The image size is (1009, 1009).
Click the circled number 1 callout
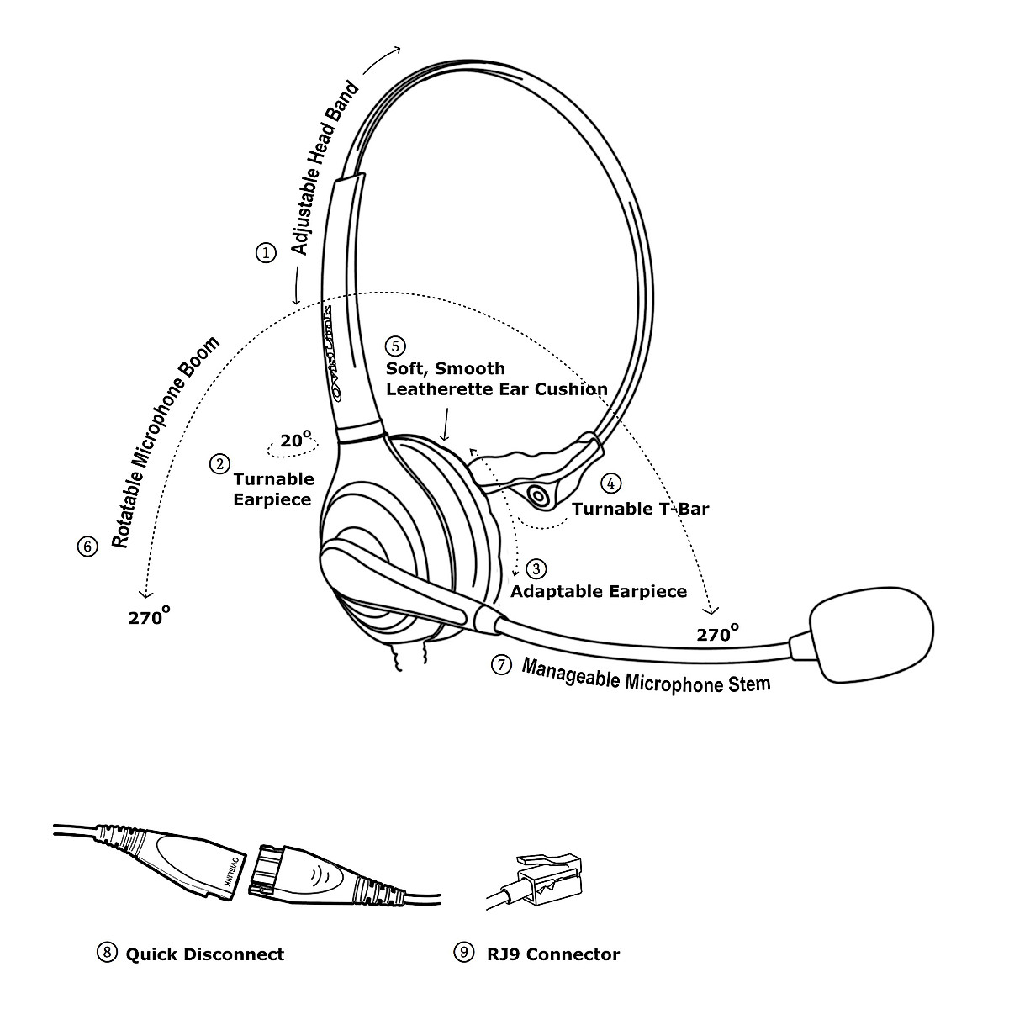(266, 252)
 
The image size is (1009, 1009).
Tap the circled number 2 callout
(220, 463)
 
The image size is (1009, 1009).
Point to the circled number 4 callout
(611, 483)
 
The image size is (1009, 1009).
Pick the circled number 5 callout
(395, 346)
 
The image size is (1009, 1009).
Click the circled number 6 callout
(87, 547)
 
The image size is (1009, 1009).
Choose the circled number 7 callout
(500, 665)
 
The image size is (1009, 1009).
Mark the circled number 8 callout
(107, 953)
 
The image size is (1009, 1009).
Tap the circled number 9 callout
(463, 953)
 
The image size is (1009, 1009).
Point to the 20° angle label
(296, 439)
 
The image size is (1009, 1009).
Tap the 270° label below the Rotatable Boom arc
(150, 616)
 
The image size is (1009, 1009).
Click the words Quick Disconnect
(205, 954)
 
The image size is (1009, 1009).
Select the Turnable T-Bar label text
(641, 509)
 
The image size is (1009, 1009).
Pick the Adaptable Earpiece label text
(599, 591)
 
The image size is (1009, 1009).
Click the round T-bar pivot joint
(540, 496)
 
